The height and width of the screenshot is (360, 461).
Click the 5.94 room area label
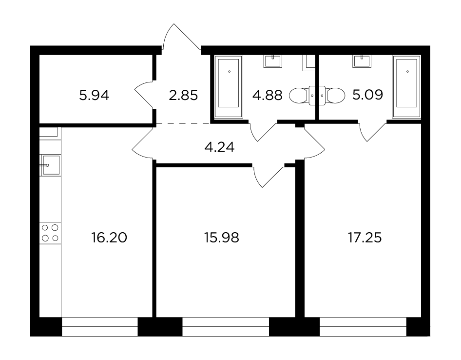pyautogui.click(x=94, y=96)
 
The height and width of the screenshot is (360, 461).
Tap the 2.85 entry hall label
pyautogui.click(x=183, y=96)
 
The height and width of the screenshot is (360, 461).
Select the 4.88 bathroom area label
pyautogui.click(x=267, y=96)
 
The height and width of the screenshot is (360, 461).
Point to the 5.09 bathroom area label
pyautogui.click(x=367, y=95)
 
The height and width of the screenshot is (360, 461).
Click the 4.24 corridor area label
pyautogui.click(x=219, y=147)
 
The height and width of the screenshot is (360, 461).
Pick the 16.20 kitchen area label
pyautogui.click(x=109, y=238)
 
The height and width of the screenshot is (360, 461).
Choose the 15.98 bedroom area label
pyautogui.click(x=222, y=238)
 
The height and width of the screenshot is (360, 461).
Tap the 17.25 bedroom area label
pyautogui.click(x=365, y=238)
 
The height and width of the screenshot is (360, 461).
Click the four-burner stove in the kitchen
pyautogui.click(x=50, y=233)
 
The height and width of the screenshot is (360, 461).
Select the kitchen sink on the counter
pyautogui.click(x=50, y=165)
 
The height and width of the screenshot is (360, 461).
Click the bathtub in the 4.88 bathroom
pyautogui.click(x=229, y=87)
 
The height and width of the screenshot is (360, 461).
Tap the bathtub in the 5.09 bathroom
pyautogui.click(x=406, y=87)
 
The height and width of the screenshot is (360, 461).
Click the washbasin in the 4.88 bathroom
pyautogui.click(x=272, y=61)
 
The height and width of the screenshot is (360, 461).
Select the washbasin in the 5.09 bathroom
pyautogui.click(x=362, y=61)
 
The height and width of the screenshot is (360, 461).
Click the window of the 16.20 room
pyautogui.click(x=100, y=327)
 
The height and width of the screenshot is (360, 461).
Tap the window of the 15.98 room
pyautogui.click(x=226, y=327)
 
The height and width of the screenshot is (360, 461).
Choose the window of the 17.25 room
pyautogui.click(x=363, y=327)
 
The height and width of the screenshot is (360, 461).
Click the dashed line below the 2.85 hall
pyautogui.click(x=183, y=123)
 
